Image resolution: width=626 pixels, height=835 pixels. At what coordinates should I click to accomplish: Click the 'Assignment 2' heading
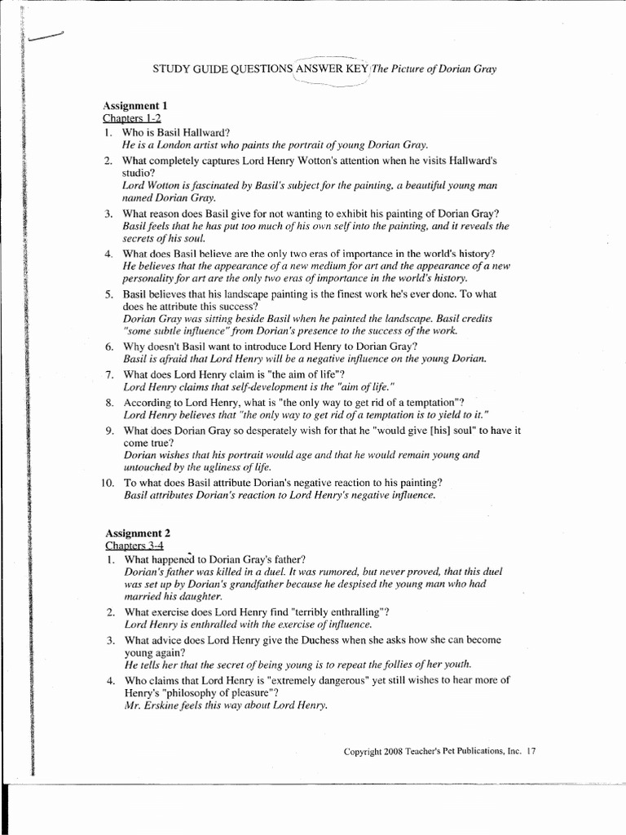pos(136,533)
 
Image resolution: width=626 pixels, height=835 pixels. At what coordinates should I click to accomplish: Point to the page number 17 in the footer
pos(532,751)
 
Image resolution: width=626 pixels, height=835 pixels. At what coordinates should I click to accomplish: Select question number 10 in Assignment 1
pos(108,483)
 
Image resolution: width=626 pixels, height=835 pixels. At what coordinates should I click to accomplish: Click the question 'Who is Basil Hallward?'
pos(176,132)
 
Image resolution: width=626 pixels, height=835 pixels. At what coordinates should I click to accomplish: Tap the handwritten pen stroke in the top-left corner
pos(45,35)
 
